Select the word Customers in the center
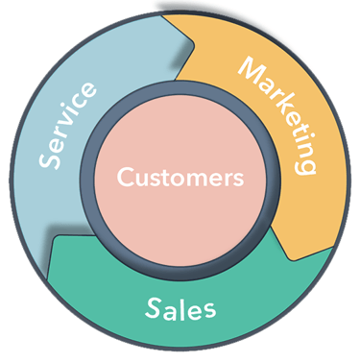click(180, 179)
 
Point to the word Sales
click(180, 307)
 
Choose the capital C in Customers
click(125, 179)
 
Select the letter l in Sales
click(184, 306)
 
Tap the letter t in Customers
click(165, 179)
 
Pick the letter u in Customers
click(140, 180)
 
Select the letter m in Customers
click(196, 180)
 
